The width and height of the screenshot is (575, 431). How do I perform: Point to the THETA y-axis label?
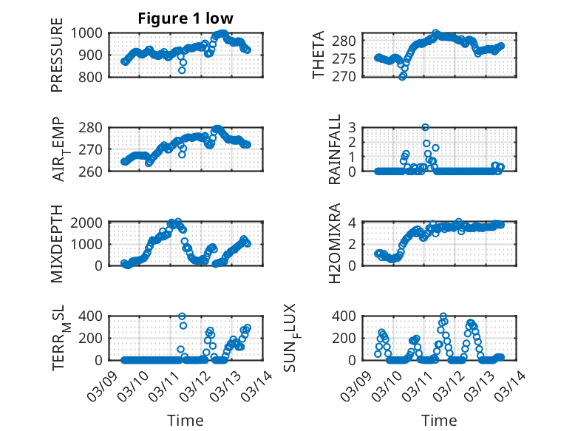[x=319, y=55]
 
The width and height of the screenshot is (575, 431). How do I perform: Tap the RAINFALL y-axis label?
[x=335, y=149]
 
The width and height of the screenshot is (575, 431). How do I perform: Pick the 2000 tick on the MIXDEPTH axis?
[x=90, y=222]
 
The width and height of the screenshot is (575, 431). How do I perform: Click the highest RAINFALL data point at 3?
[x=425, y=127]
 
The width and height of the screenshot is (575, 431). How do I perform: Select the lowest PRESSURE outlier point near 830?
[x=182, y=70]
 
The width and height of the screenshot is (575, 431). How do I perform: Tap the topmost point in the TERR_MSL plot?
[x=182, y=316]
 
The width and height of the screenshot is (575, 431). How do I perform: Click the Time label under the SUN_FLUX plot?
[x=439, y=420]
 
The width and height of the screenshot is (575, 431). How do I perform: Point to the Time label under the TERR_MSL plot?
[x=185, y=420]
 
